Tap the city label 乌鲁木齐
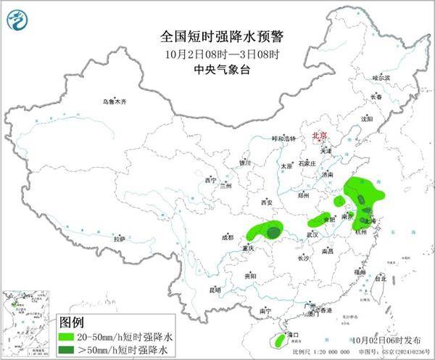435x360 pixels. (x=114, y=102)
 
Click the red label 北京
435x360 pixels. (x=319, y=136)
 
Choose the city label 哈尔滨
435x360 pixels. (x=381, y=78)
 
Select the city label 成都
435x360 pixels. (x=229, y=237)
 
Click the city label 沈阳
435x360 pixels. (x=366, y=118)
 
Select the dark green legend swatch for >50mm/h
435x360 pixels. (x=69, y=350)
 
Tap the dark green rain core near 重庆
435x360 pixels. (x=273, y=232)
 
